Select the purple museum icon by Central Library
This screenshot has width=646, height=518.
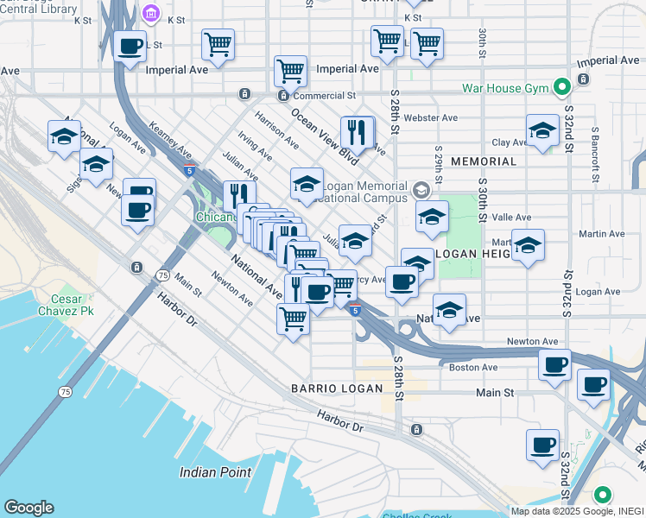(151, 14)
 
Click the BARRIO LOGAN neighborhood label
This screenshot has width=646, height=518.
(336, 388)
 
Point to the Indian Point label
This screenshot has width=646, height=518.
(216, 472)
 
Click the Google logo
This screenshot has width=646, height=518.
(28, 508)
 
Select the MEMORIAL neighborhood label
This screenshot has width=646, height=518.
(484, 161)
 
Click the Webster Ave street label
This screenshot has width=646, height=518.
(436, 117)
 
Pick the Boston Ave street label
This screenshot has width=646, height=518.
(473, 367)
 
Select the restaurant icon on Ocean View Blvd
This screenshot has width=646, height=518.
(357, 132)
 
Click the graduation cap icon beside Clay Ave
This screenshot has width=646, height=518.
(542, 130)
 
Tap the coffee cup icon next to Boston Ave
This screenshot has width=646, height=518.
(554, 363)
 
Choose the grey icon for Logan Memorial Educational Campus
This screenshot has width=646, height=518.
(421, 189)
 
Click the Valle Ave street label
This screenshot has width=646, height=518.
(512, 218)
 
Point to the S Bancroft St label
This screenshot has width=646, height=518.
(595, 155)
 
